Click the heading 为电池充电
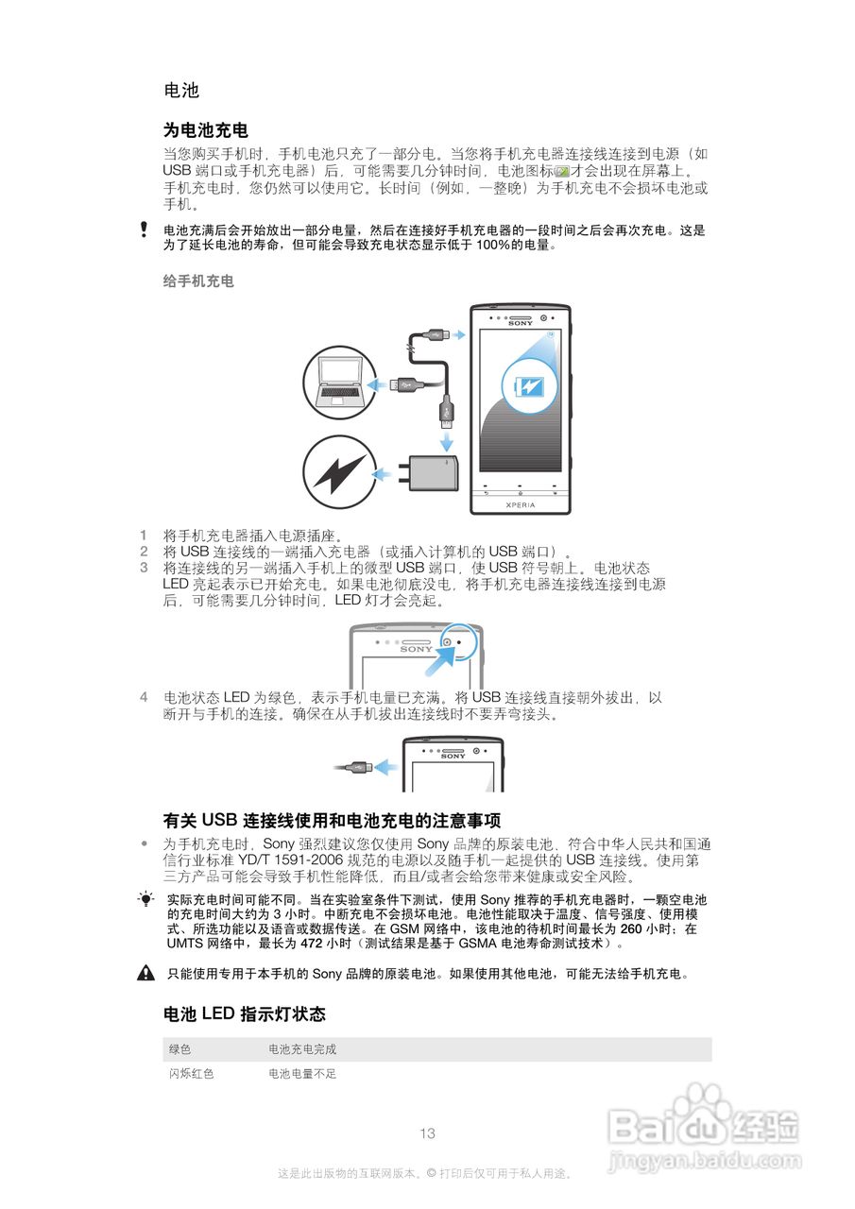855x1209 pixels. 205,129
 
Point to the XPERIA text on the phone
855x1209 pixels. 521,504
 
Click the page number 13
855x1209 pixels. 427,1133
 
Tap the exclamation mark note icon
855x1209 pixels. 144,230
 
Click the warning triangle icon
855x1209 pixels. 145,973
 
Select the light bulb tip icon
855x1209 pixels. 145,899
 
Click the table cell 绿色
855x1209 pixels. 180,1049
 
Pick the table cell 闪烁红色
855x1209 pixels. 192,1074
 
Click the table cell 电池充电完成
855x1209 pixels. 302,1049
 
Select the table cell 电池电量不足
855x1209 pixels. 302,1074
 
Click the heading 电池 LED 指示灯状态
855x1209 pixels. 244,1014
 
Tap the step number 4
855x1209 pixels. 144,697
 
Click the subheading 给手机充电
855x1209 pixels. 198,281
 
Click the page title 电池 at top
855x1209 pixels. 180,91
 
